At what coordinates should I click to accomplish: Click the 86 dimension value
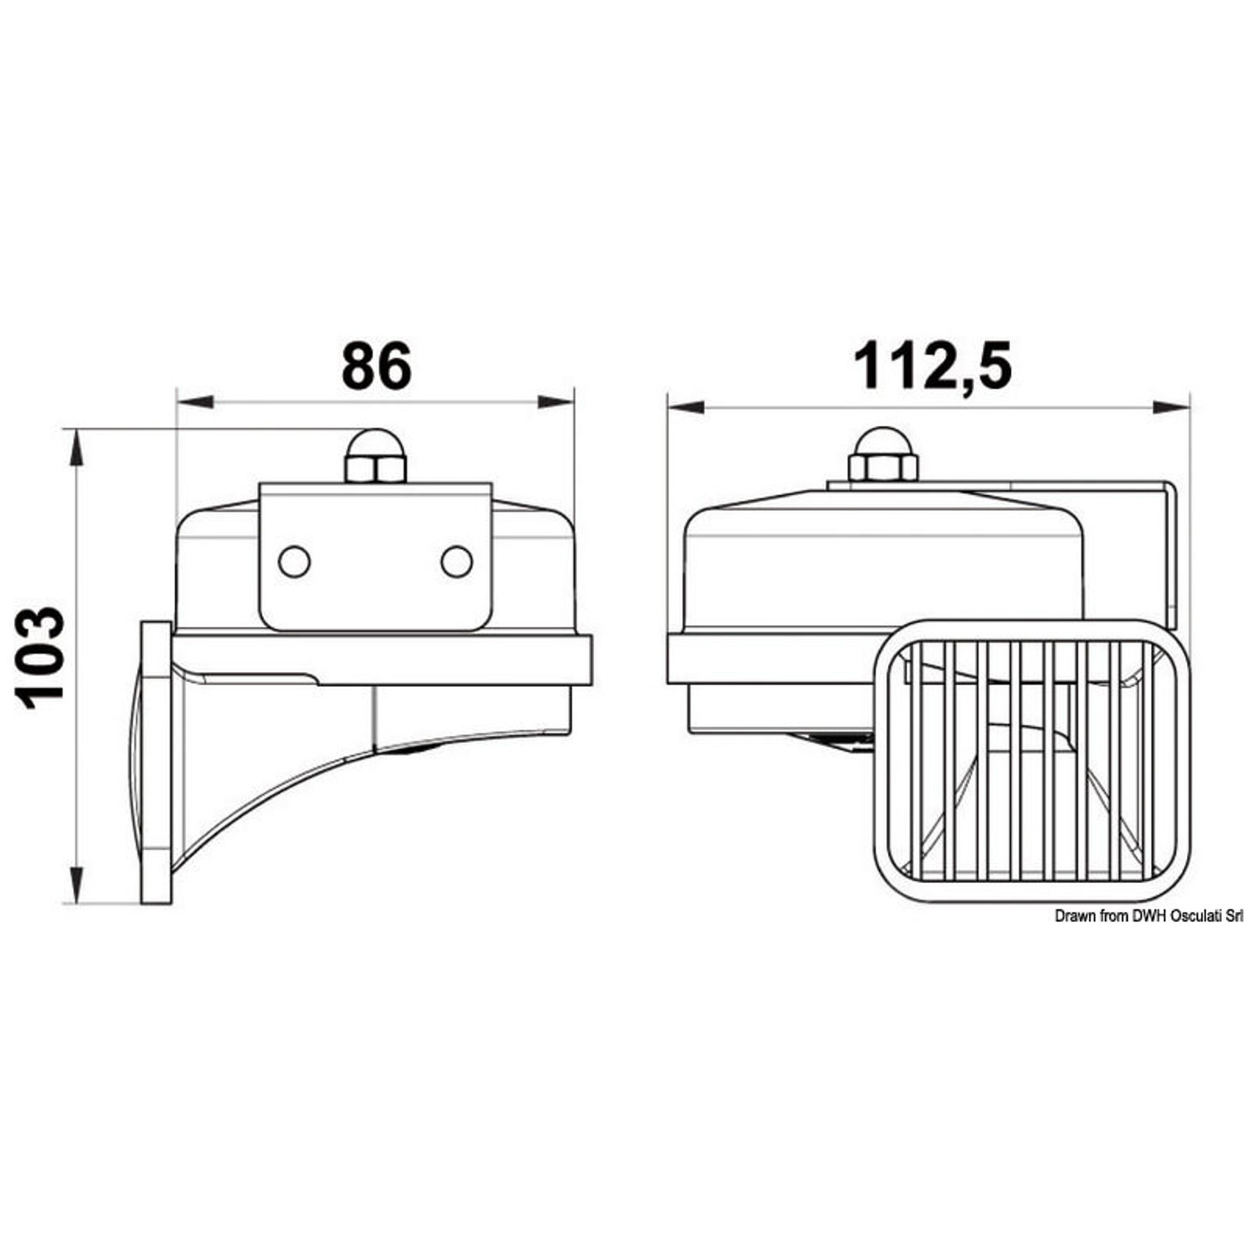pos(376,365)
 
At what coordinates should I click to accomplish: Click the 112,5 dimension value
pos(933,366)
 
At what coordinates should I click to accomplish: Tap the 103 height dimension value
pos(42,658)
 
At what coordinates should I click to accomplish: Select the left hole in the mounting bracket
pos(294,562)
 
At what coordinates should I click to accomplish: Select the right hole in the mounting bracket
pos(457,562)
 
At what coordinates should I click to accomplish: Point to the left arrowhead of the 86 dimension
pos(194,402)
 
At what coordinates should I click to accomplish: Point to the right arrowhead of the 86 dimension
pos(556,402)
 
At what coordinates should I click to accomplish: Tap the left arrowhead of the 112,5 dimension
pos(686,407)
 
